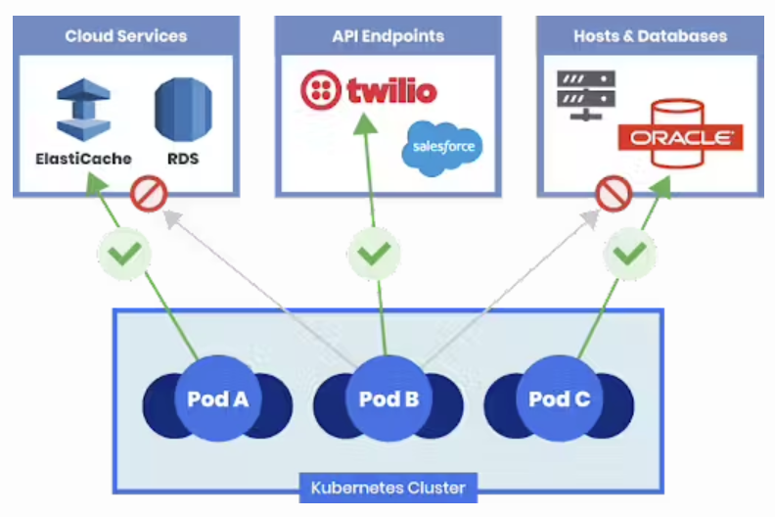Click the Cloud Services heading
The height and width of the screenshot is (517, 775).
[125, 36]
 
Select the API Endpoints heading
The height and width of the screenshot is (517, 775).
[387, 36]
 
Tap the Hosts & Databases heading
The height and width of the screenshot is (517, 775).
[650, 36]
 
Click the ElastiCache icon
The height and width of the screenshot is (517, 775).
[83, 110]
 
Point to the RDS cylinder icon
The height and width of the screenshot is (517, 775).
[183, 108]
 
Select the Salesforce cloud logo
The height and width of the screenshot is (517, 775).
[443, 148]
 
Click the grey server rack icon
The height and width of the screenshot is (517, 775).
[585, 95]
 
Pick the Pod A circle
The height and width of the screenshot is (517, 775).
[216, 399]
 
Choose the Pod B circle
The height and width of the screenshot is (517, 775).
[387, 399]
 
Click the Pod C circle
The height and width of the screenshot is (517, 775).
[559, 399]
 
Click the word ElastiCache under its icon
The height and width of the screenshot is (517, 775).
[83, 159]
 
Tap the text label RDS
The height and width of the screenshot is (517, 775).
[183, 159]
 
